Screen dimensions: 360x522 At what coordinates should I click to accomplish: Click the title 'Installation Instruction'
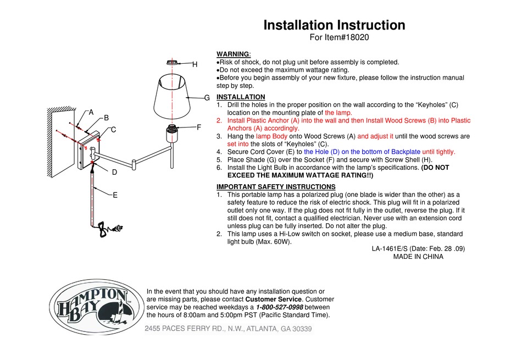334,25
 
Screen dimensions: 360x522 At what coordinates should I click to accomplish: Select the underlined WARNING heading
233,54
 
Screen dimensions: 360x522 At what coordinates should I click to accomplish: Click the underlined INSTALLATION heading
241,97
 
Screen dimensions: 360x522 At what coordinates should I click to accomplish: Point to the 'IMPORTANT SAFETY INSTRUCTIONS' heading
276,186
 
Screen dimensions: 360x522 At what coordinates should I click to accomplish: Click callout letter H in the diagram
195,64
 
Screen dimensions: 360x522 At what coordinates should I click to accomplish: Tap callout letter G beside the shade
207,98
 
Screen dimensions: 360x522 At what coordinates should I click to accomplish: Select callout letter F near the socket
199,127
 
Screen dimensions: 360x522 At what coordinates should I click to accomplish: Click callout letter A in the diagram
91,112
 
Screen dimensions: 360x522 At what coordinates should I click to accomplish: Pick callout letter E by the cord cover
115,195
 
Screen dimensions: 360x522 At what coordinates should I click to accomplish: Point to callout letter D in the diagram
115,172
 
